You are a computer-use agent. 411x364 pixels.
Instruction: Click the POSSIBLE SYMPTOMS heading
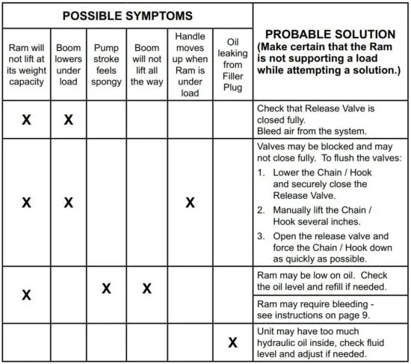(x=127, y=16)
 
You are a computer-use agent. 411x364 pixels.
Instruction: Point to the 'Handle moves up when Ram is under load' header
(x=190, y=64)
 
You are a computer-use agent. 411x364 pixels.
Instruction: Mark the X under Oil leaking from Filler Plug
(x=233, y=342)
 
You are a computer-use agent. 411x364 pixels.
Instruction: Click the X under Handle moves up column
(x=190, y=203)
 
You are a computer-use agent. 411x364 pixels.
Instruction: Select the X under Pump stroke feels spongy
(x=107, y=289)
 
